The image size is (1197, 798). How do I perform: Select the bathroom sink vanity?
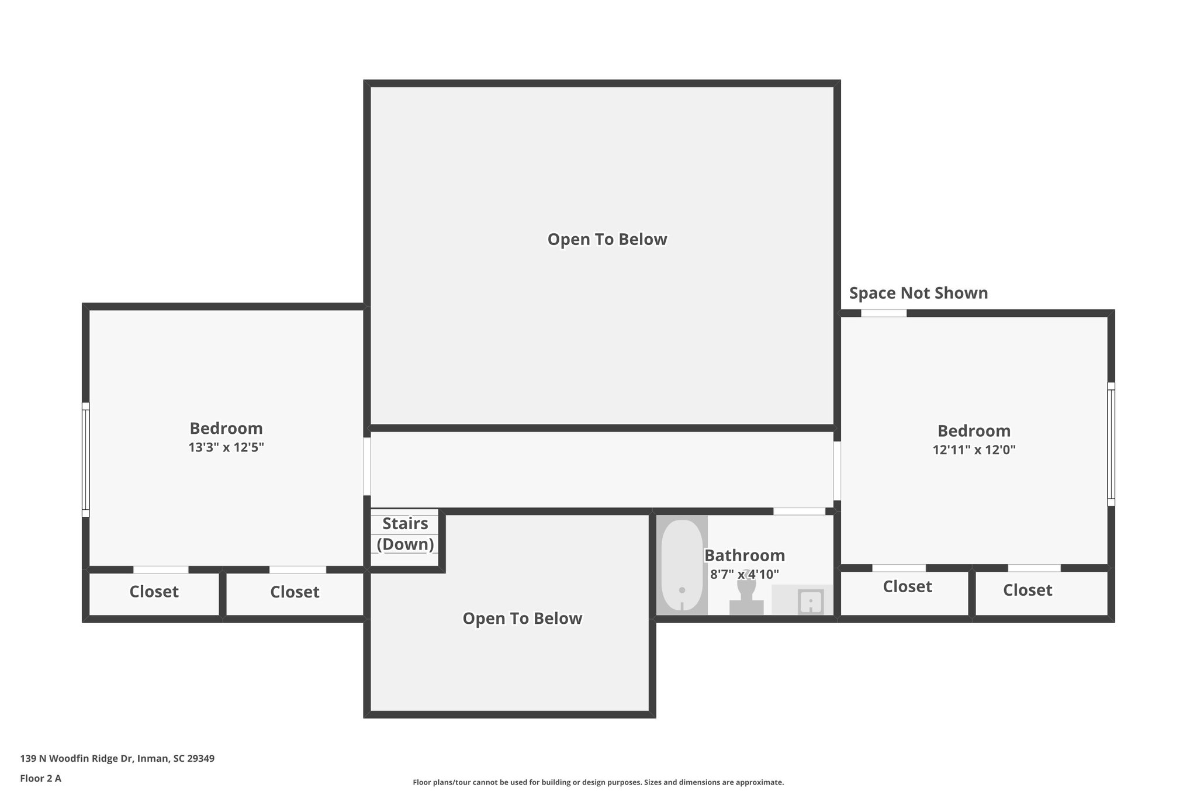tap(802, 600)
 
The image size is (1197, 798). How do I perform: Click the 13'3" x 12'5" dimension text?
tap(226, 448)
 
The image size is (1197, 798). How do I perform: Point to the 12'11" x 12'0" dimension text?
tap(974, 450)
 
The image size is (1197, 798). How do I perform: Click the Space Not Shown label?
tap(918, 293)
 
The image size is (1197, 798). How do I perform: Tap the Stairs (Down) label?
tap(405, 534)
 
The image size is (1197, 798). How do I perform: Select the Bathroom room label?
tap(744, 555)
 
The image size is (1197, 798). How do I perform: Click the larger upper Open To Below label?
tap(607, 239)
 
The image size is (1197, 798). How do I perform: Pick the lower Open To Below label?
tap(522, 619)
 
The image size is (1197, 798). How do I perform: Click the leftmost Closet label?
tap(154, 592)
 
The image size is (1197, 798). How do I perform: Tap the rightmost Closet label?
tap(1028, 590)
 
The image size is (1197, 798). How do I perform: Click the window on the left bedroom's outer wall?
tap(85, 460)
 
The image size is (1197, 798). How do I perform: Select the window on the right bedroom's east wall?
tap(1111, 444)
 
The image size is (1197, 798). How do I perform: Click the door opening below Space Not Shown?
tap(884, 313)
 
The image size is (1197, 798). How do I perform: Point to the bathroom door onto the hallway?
tap(799, 512)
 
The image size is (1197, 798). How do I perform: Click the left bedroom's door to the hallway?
tap(367, 467)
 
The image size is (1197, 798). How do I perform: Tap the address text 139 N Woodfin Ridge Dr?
tap(117, 758)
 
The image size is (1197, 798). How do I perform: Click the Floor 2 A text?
tap(40, 778)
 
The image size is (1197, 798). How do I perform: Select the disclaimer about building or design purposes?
tap(598, 782)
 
